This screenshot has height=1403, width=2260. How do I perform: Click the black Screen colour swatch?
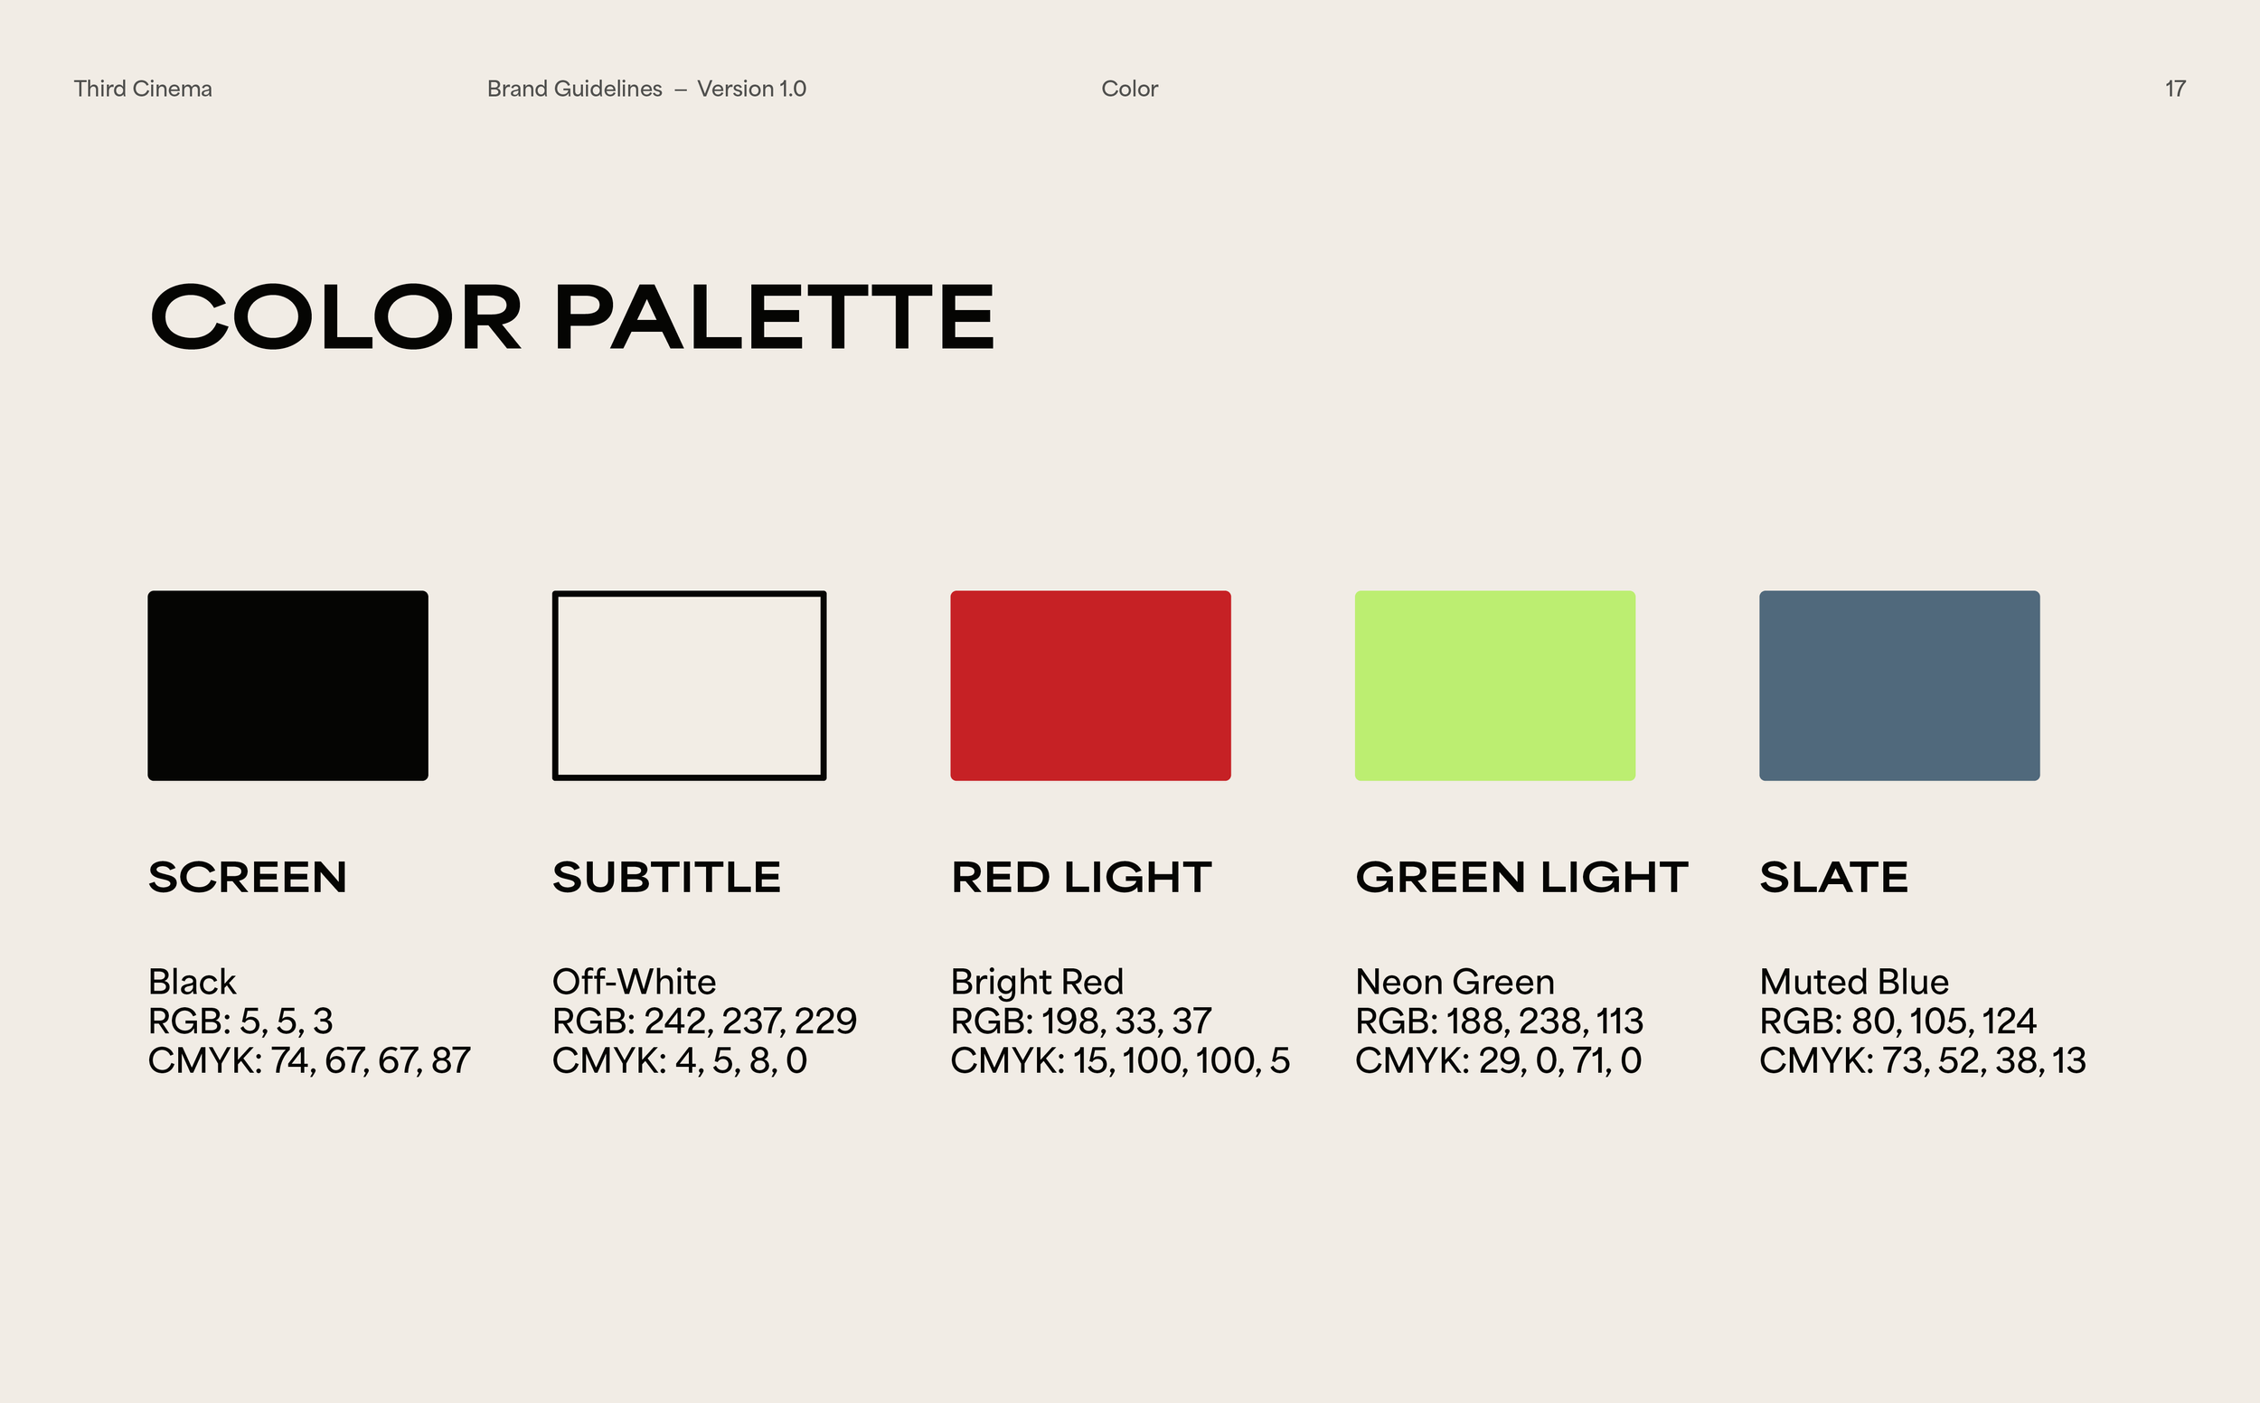(x=287, y=685)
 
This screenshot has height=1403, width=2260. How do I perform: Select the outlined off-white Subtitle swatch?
(x=688, y=685)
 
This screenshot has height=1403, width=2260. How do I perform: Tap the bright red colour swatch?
(x=1090, y=685)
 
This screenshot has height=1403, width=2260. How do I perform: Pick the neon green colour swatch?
(x=1494, y=685)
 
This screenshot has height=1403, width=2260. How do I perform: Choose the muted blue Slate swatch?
(x=1899, y=685)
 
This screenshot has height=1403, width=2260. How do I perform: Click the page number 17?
(x=2175, y=89)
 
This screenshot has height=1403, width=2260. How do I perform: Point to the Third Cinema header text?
(x=143, y=89)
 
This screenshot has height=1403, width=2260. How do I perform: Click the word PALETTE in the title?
(x=774, y=317)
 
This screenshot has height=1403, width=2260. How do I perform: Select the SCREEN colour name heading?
(x=248, y=877)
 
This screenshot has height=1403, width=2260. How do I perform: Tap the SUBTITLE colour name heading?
(x=666, y=877)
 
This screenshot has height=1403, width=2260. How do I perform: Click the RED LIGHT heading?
(x=1081, y=877)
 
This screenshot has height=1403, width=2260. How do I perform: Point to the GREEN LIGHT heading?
(x=1521, y=877)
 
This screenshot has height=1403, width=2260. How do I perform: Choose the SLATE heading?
(x=1833, y=877)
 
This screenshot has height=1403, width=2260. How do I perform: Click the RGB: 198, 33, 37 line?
(x=1081, y=1022)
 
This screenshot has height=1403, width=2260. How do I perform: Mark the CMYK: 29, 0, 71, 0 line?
(x=1498, y=1060)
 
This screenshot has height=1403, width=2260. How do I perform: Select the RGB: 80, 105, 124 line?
(x=1897, y=1022)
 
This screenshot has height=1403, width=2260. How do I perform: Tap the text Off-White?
(x=634, y=982)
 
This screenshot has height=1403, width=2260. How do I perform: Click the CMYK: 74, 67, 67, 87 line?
(x=309, y=1060)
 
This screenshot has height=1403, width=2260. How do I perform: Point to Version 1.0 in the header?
(x=751, y=89)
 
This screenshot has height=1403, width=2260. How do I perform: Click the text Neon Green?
(x=1454, y=982)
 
